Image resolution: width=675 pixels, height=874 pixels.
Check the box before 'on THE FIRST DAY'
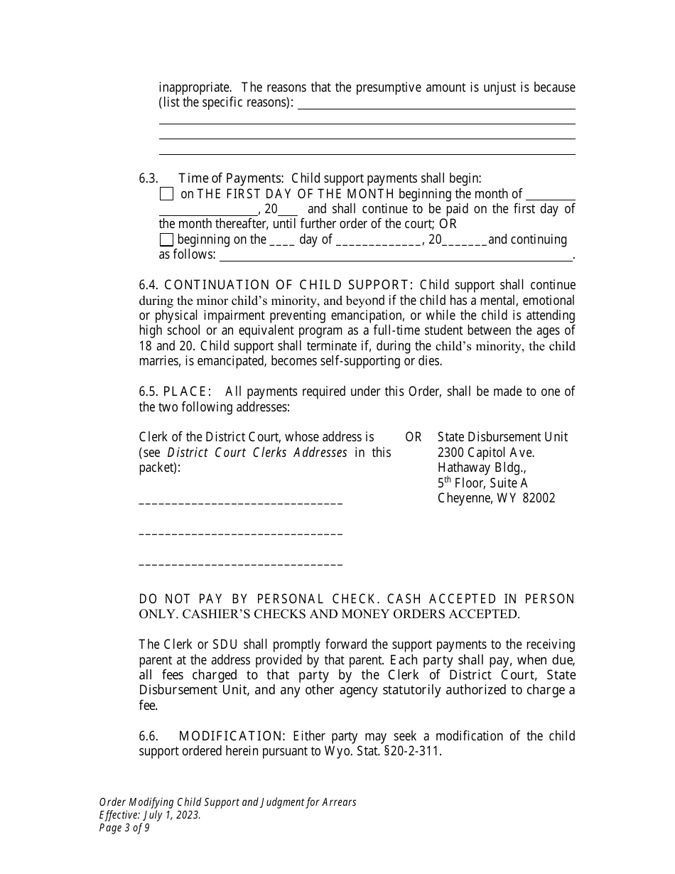[166, 194]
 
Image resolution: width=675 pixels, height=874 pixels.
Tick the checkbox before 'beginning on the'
[166, 239]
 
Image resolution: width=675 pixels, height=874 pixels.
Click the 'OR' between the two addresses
[414, 437]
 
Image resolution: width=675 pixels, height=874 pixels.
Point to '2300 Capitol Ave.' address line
[486, 453]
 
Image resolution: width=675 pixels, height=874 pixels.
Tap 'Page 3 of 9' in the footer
[124, 828]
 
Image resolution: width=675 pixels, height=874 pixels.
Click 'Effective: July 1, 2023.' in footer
[150, 815]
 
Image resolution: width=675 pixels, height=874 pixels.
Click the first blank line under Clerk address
[240, 503]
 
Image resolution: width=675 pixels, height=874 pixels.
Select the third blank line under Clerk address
[240, 564]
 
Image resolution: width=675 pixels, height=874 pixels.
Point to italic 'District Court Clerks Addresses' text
[257, 453]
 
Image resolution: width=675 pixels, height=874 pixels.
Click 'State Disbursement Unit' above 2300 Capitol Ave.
[502, 437]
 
